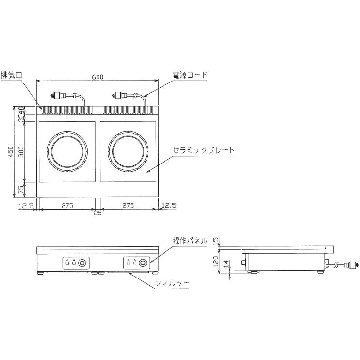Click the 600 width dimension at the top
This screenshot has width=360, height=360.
click(x=98, y=76)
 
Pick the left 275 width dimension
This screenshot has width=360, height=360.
click(x=67, y=206)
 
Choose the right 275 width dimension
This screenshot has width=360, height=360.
click(x=128, y=206)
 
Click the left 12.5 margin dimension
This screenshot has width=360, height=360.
click(x=26, y=206)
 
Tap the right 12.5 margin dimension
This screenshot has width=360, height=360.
click(x=169, y=206)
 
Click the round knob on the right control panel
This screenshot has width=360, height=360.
click(x=143, y=263)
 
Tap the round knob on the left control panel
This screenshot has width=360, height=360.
click(x=82, y=263)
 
